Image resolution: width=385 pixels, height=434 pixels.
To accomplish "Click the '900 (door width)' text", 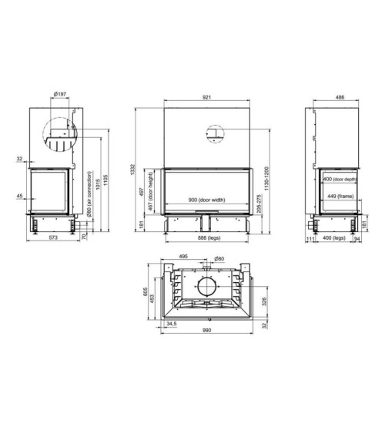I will click(206, 200).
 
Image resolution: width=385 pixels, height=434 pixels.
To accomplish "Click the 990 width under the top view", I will click(207, 330).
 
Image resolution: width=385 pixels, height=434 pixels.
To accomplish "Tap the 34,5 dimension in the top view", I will click(170, 324).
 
